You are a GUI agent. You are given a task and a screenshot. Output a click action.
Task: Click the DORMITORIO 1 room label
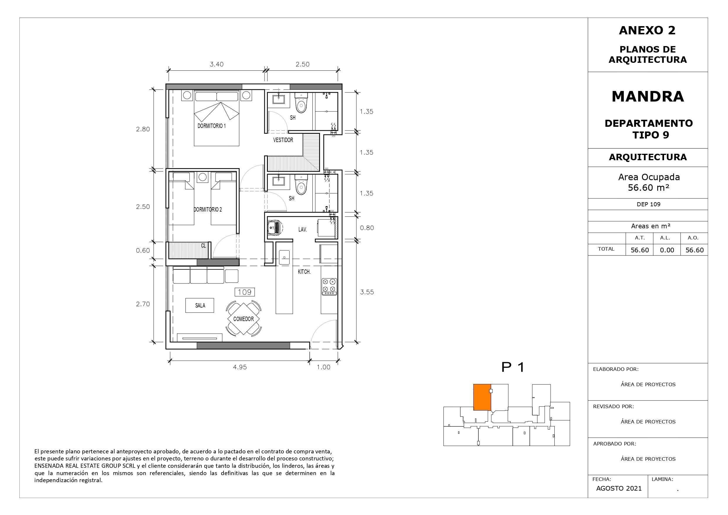coord(211,126)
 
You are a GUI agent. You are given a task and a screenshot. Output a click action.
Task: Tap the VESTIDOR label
coord(283,140)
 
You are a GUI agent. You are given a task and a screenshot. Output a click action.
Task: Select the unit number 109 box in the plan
coord(244,292)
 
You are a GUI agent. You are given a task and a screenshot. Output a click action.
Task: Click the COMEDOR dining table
coord(243,319)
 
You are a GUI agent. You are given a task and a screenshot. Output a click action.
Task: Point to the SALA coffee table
coord(199,305)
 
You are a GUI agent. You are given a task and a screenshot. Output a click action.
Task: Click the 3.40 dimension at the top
coord(216,65)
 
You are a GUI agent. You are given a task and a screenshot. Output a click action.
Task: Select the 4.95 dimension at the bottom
coord(240,367)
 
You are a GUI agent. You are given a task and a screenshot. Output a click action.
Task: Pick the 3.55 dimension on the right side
coord(367,292)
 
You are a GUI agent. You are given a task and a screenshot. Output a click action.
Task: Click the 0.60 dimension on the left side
coord(143,250)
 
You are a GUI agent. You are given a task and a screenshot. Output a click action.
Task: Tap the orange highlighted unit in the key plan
coord(482,397)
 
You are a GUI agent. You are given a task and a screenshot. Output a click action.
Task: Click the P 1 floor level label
coord(513,367)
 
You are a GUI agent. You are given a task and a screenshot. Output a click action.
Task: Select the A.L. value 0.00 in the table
coord(667,250)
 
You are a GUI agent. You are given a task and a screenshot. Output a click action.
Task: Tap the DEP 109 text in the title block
coord(649,204)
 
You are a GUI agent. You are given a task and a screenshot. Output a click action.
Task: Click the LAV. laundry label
coord(302,229)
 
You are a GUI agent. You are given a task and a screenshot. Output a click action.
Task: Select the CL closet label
coord(204,246)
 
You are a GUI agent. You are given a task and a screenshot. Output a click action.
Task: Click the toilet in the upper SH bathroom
coord(301,102)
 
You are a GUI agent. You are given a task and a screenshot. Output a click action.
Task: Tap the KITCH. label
coord(304,272)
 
